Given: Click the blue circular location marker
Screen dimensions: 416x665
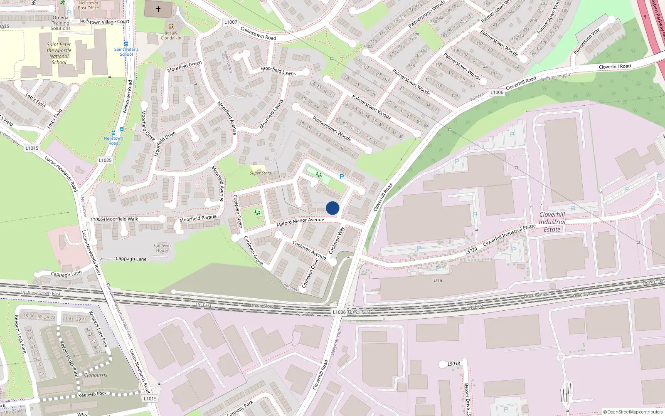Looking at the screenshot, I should point(332,208).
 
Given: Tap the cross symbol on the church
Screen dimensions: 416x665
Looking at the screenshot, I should point(158,9).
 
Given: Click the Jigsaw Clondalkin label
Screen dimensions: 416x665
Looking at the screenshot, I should point(171,35).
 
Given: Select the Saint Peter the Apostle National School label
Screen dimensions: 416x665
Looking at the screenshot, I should point(59,53).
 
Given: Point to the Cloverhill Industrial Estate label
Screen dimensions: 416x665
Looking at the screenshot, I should point(552,222).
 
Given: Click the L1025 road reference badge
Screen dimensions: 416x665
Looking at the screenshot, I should point(105,160).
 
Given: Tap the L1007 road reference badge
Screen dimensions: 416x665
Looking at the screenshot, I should point(231,22).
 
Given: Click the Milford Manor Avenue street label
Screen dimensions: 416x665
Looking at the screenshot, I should point(300,222).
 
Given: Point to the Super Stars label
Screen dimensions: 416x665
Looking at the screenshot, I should point(260,173).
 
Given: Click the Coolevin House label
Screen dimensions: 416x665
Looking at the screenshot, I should point(163,248).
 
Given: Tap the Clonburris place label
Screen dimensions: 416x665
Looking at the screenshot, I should point(96,375).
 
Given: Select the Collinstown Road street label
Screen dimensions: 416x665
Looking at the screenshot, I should point(258,33).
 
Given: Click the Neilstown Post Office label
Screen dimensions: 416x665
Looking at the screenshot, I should point(88,5).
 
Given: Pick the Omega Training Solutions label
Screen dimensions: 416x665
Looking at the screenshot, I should point(61,23).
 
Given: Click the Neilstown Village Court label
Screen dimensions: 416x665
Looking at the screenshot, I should point(104,21).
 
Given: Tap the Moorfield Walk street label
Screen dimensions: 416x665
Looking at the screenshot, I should point(122,219).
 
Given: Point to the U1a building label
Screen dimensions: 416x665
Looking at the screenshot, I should point(438,280).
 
